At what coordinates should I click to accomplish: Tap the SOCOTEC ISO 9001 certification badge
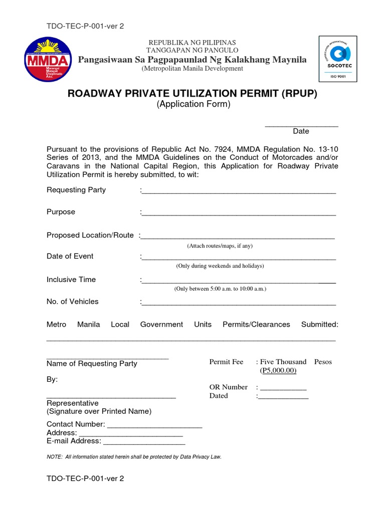tap(339, 58)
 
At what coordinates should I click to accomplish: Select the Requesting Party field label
tap(76, 190)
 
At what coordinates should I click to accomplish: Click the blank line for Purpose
tap(239, 214)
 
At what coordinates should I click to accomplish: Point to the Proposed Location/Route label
tap(90, 235)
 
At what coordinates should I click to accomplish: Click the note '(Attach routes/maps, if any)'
tap(220, 246)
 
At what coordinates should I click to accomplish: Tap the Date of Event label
tap(70, 256)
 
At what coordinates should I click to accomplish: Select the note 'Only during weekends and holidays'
tap(220, 266)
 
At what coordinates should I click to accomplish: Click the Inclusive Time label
tap(71, 280)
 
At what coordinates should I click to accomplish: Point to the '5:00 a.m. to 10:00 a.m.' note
tap(220, 289)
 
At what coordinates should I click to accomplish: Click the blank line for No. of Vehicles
tap(239, 304)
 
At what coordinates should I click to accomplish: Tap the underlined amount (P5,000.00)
tap(278, 371)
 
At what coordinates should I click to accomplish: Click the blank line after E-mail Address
tap(144, 443)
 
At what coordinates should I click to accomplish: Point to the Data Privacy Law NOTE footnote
tap(134, 457)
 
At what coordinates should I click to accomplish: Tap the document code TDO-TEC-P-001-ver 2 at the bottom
tap(85, 478)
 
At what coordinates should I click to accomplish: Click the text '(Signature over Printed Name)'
tap(99, 411)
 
